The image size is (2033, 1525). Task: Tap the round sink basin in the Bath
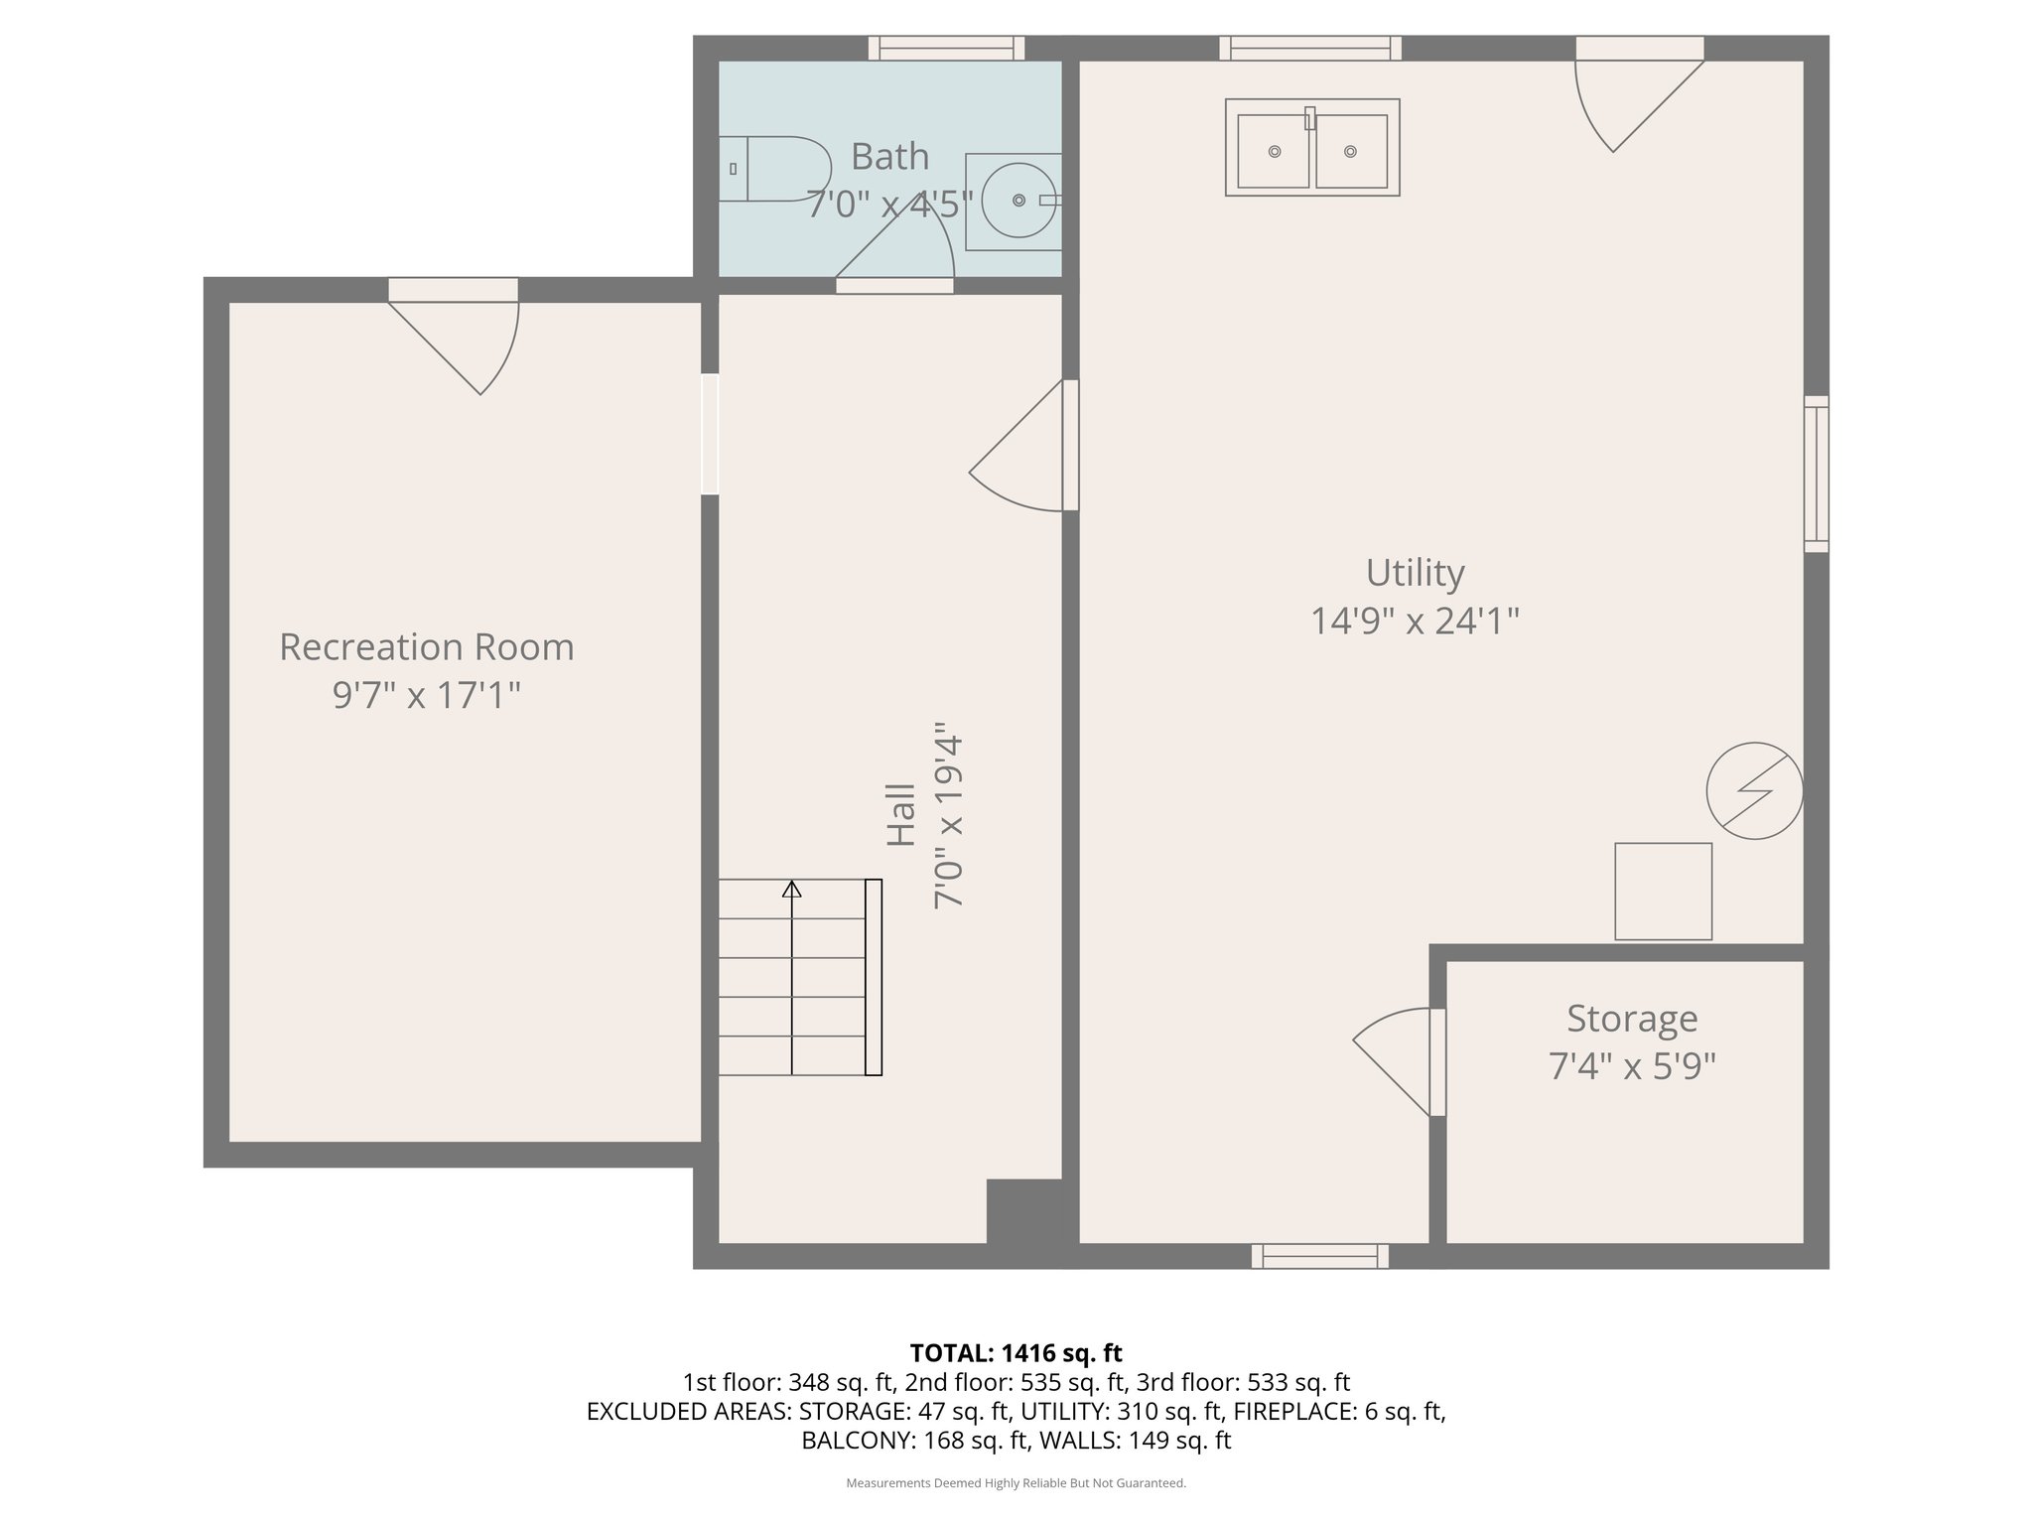coord(1017,200)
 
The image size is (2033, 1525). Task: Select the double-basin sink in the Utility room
coord(1311,148)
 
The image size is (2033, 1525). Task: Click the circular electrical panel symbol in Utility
coord(1754,790)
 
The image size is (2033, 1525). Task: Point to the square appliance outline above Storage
coord(1663,891)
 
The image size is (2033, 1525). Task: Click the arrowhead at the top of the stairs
coord(791,889)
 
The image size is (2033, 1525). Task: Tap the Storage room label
coord(1631,1019)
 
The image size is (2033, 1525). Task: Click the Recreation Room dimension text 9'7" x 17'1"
coord(427,695)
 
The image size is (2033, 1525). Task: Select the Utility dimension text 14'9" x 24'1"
coord(1415,622)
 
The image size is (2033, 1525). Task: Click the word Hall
coord(900,815)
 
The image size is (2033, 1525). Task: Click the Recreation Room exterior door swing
coord(467,343)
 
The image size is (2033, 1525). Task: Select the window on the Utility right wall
coord(1816,474)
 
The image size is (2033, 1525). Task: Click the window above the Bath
coord(946,48)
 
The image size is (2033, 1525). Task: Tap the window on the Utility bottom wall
coord(1319,1256)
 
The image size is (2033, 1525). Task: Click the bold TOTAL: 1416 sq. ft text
coord(1016,1352)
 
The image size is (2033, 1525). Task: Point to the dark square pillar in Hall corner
coord(1023,1211)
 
